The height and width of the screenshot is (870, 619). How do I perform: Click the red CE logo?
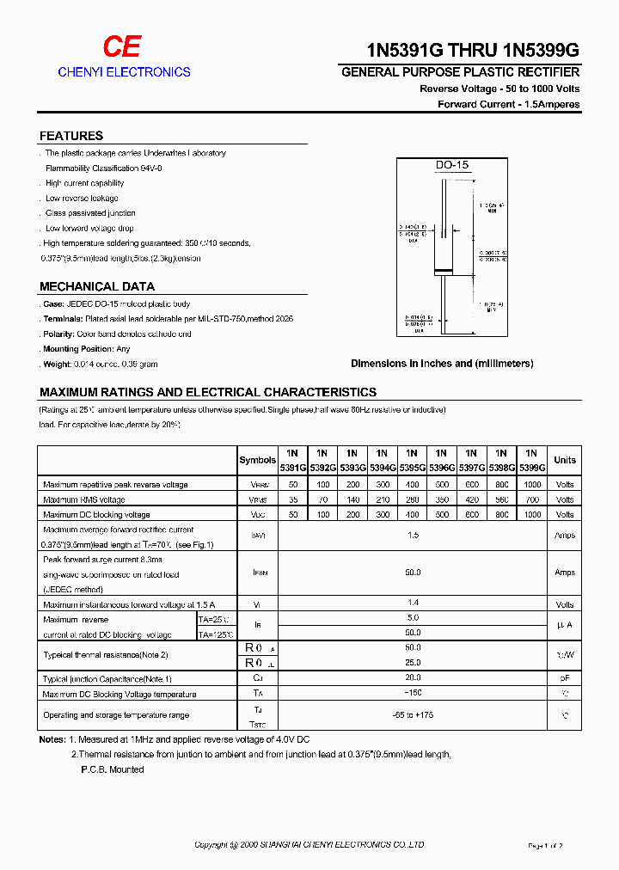coord(121,47)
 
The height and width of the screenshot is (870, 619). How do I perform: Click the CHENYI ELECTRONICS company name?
coord(124,72)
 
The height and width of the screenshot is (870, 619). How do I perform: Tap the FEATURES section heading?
coord(71,136)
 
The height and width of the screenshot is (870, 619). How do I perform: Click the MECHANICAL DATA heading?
coord(97,287)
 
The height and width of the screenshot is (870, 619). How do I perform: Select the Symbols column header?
coord(257,460)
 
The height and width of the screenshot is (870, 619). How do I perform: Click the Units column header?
coord(565,460)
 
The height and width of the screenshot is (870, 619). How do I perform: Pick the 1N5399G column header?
coord(532,460)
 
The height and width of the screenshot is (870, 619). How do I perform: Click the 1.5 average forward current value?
coord(413,536)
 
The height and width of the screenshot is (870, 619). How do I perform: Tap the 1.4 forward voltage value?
coord(413,604)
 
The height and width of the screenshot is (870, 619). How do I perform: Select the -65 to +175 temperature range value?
coord(413,715)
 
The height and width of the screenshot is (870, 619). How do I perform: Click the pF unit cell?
coord(565,678)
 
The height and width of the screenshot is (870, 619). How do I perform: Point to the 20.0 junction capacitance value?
coord(413,678)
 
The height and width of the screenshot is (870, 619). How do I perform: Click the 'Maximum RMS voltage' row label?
coord(84,499)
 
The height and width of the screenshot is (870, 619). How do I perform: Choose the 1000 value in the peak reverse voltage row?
coord(532,485)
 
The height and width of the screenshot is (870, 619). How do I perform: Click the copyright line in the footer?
coord(309,845)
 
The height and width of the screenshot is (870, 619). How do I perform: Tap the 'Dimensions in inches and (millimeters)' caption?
coord(442,364)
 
